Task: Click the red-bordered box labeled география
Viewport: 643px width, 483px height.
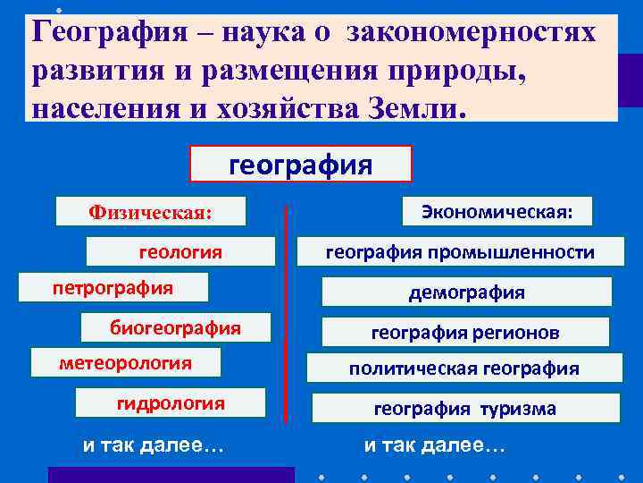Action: click(301, 165)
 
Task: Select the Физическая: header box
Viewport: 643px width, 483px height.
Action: click(151, 212)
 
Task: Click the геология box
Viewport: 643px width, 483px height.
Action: click(180, 252)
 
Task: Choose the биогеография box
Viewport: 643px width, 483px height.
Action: click(175, 327)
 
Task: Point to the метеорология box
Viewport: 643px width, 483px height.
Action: click(125, 363)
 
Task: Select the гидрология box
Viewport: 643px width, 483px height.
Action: click(171, 403)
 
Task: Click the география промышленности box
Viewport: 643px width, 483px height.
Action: click(460, 252)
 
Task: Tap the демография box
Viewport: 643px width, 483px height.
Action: click(466, 292)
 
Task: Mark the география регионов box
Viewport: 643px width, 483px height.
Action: click(465, 333)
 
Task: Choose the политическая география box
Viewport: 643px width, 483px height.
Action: click(463, 369)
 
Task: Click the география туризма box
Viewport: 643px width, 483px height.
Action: click(464, 409)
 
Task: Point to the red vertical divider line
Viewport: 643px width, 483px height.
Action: click(286, 313)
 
